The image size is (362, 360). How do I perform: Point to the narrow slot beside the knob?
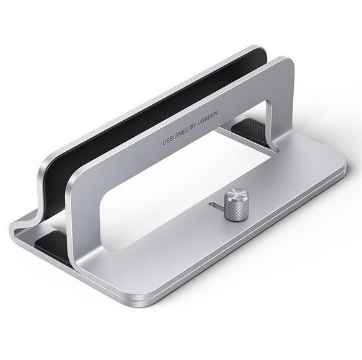pos(215,204)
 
